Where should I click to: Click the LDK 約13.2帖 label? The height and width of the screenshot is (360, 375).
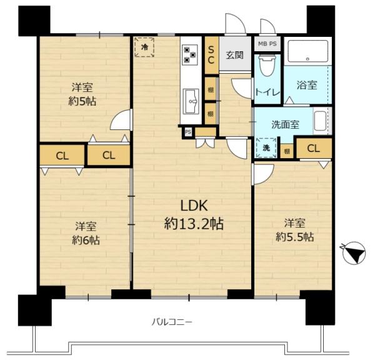pos(194,214)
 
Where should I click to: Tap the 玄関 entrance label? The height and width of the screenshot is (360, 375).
pos(234,55)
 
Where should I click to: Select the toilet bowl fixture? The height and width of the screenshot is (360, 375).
pos(267,65)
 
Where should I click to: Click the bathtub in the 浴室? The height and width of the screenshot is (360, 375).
pos(307,51)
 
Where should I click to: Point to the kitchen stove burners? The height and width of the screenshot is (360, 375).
pos(189,55)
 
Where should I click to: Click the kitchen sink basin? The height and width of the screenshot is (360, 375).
pos(191,101)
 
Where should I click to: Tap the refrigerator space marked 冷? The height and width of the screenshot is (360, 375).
pos(144,47)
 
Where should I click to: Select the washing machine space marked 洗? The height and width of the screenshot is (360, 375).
pos(266,147)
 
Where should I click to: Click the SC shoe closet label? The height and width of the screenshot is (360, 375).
pos(211,55)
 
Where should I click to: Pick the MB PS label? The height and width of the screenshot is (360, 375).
pos(267,44)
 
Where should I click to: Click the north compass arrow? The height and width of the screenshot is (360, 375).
pos(354,253)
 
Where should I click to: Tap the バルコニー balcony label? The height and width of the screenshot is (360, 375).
pos(172,322)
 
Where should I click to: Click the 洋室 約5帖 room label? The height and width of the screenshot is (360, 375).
pos(82,94)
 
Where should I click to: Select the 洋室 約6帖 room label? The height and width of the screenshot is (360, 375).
pos(86,233)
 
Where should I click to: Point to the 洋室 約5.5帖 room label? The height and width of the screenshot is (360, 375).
pos(294,230)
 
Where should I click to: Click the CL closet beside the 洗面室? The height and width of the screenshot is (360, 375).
pos(314,149)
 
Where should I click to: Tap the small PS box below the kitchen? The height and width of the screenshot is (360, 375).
pos(188,132)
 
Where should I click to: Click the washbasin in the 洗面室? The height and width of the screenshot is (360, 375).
pos(320,121)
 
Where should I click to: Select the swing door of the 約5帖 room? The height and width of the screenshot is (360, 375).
pos(122,119)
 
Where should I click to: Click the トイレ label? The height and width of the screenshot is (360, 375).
pos(267,92)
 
